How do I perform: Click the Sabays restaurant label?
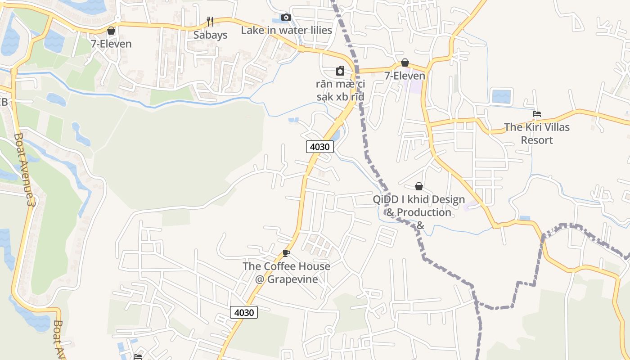[x=210, y=35]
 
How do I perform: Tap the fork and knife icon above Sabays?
[x=210, y=21]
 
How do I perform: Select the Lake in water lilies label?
[x=286, y=30]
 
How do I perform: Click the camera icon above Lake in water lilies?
[x=286, y=18]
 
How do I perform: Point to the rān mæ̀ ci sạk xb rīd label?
[x=340, y=90]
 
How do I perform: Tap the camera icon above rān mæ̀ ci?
[x=340, y=71]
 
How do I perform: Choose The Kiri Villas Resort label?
[x=536, y=134]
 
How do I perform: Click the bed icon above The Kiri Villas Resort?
[x=536, y=114]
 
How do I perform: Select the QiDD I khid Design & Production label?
[x=419, y=206]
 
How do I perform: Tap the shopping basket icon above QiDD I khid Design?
[x=419, y=186]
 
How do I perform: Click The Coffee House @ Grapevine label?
[x=286, y=273]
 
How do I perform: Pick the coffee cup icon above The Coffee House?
[x=286, y=253]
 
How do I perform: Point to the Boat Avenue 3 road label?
[x=24, y=170]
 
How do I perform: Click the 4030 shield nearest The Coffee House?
[x=244, y=312]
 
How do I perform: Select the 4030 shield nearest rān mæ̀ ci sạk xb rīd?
[x=320, y=146]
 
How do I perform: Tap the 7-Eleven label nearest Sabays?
[x=111, y=44]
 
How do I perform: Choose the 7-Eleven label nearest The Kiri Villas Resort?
[x=405, y=76]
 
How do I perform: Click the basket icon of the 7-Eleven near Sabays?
[x=111, y=31]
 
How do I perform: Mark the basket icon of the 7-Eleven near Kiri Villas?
[x=405, y=63]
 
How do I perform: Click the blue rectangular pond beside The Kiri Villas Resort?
[x=502, y=96]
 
